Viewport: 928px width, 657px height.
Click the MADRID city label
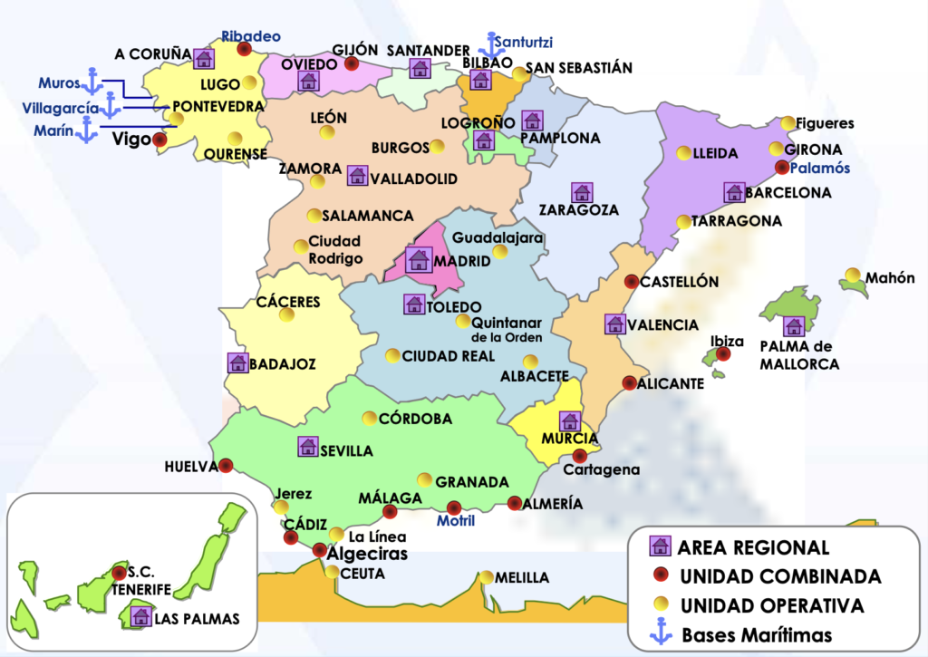point(462,261)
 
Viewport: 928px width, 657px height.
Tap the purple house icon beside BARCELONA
point(734,192)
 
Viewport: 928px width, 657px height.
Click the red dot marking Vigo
point(159,140)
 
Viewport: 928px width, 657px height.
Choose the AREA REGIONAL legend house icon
point(661,546)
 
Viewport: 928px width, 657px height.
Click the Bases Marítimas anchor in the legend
point(661,633)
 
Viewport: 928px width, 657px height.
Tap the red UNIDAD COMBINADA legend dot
point(661,575)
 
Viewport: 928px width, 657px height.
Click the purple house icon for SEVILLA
point(307,446)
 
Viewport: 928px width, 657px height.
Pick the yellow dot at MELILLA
point(488,576)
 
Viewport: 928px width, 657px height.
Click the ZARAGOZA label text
point(578,210)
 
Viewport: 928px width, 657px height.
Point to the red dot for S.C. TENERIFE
point(119,572)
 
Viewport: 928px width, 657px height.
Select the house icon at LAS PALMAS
point(140,616)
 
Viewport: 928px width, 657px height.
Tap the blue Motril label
point(456,521)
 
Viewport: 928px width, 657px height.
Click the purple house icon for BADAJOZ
point(237,363)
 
